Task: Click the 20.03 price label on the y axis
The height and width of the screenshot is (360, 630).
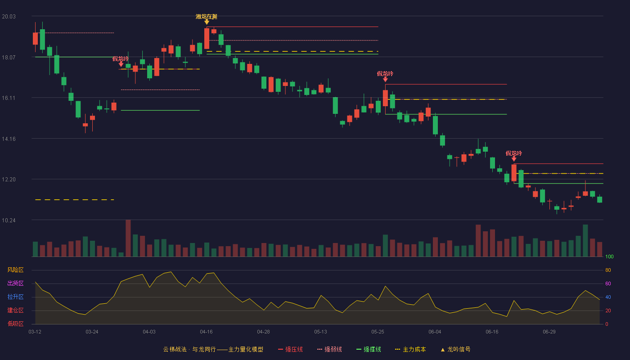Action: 9,17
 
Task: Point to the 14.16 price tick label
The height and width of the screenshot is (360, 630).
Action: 9,139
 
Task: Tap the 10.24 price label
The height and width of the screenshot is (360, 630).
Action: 9,220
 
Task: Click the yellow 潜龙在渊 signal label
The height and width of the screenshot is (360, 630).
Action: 207,17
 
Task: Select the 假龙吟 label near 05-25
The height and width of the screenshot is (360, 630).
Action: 385,74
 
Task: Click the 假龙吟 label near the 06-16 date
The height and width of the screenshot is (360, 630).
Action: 514,153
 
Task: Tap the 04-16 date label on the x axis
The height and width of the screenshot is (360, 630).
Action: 206,332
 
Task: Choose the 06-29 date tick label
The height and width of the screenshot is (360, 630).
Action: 549,332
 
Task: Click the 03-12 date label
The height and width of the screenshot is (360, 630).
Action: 35,332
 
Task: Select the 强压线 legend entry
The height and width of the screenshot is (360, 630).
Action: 290,349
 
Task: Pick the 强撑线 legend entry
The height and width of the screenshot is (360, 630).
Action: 369,349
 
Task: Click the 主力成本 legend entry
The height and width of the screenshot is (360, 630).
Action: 410,349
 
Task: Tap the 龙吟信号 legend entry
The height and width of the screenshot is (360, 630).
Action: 455,349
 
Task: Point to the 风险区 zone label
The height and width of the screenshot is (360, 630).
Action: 15,270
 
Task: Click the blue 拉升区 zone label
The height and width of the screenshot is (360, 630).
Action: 15,297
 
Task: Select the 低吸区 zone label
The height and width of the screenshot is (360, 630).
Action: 15,324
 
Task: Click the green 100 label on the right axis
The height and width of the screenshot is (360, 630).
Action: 609,256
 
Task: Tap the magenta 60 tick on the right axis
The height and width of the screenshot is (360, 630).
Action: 608,283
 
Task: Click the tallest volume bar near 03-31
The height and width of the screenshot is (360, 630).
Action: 128,238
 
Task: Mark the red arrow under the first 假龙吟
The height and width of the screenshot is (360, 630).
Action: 121,64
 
